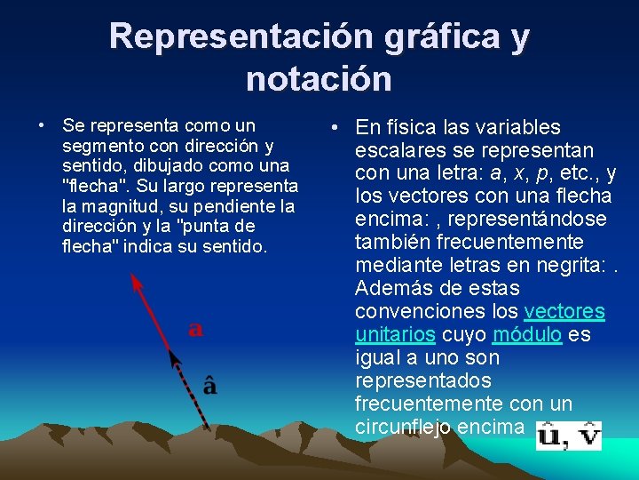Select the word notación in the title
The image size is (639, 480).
pyautogui.click(x=319, y=79)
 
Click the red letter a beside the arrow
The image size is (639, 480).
pyautogui.click(x=195, y=330)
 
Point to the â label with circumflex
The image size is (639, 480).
pyautogui.click(x=209, y=385)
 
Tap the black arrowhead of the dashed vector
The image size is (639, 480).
pyautogui.click(x=175, y=358)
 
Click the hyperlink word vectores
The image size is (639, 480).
pyautogui.click(x=564, y=312)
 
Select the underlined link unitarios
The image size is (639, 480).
pyautogui.click(x=394, y=335)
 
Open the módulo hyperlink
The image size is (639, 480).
pyautogui.click(x=526, y=335)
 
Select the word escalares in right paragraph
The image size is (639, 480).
pyautogui.click(x=400, y=150)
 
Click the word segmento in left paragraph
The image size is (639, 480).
pyautogui.click(x=99, y=146)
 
